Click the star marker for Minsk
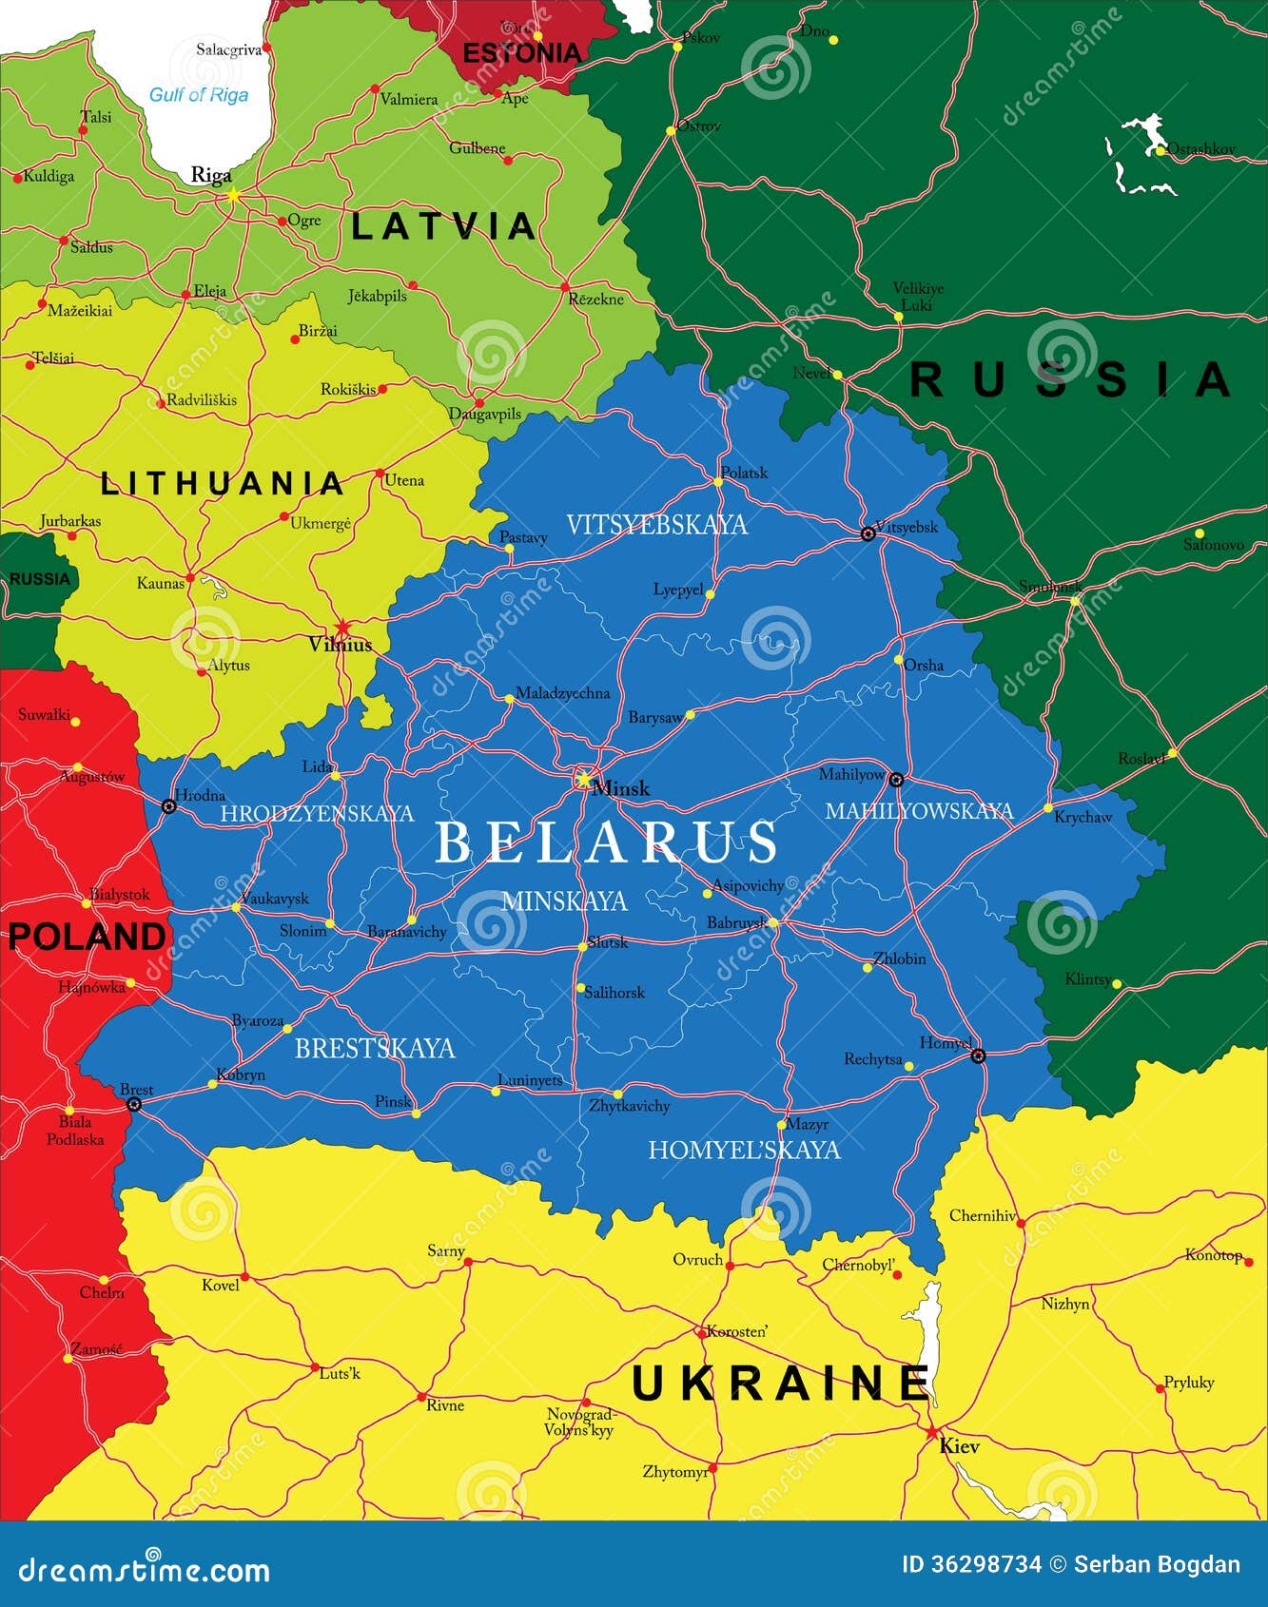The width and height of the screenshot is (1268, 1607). pos(582,779)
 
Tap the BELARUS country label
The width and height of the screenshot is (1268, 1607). pos(606,842)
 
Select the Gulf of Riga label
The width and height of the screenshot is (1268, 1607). pos(199,95)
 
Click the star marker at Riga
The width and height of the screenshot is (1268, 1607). pos(232,194)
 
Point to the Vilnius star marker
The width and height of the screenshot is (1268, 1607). pos(342,629)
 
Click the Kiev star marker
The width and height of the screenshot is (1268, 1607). pos(931,1432)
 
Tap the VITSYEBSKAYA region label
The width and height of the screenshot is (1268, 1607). pos(656,525)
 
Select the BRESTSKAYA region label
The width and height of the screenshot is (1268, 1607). pos(375,1049)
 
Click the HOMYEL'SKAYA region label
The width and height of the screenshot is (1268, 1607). pos(744,1151)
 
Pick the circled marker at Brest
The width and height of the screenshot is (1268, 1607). pos(134,1104)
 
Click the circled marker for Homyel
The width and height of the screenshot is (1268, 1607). pos(978,1055)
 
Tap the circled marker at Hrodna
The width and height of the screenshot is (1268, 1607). pos(169,806)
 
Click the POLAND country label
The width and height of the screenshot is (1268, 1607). pos(87,937)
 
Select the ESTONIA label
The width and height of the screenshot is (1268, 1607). pos(521,53)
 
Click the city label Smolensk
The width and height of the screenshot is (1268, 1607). pos(1049,587)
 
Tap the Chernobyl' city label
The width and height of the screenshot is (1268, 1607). pos(858,1266)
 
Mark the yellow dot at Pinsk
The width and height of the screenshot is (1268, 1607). pos(416,1113)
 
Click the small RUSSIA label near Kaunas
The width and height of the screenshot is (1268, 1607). pos(40,579)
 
